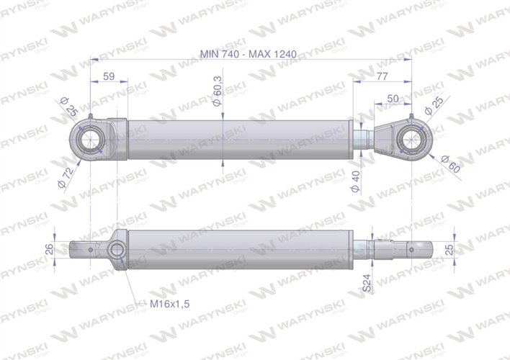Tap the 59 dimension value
pyautogui.click(x=110, y=75)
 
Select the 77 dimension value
pyautogui.click(x=382, y=75)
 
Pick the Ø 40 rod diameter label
pyautogui.click(x=354, y=180)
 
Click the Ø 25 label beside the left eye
pyautogui.click(x=70, y=109)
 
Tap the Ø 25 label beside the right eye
pyautogui.click(x=437, y=105)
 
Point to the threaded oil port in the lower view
pyautogui.click(x=116, y=251)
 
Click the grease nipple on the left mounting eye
pyautogui.click(x=90, y=119)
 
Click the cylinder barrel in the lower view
pyautogui.click(x=238, y=249)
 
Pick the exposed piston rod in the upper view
pyautogui.click(x=365, y=137)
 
